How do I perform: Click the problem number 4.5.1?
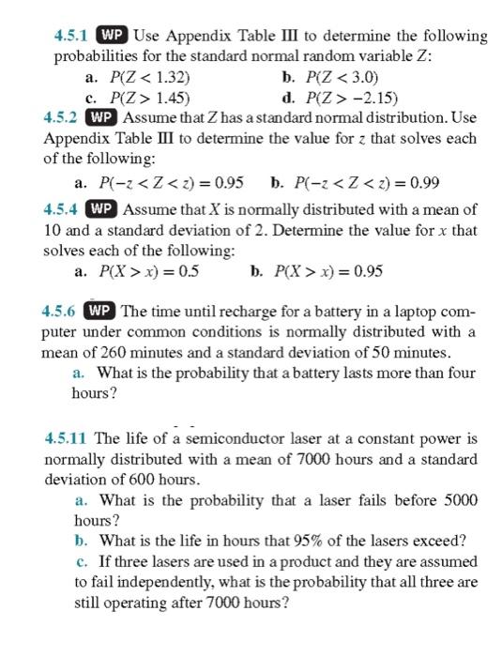tap(70, 37)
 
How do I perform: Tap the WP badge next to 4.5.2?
tap(101, 118)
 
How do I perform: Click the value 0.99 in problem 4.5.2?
tap(420, 182)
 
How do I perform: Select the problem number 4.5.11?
tap(67, 438)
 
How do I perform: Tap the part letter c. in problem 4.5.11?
tap(81, 561)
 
